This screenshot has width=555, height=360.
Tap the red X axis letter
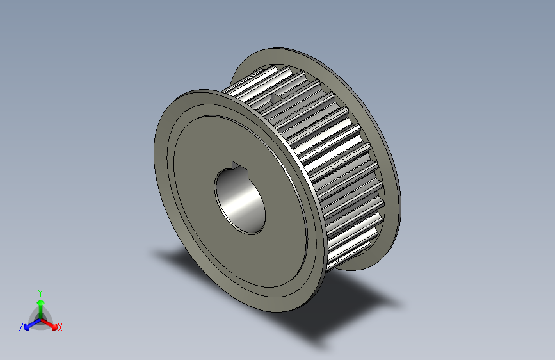(x=60, y=328)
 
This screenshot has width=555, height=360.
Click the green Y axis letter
(x=40, y=291)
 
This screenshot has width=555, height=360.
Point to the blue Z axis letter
(x=21, y=327)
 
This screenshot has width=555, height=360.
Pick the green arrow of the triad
(x=40, y=302)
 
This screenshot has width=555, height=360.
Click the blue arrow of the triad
(x=29, y=325)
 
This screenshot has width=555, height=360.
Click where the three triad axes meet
(x=40, y=317)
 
